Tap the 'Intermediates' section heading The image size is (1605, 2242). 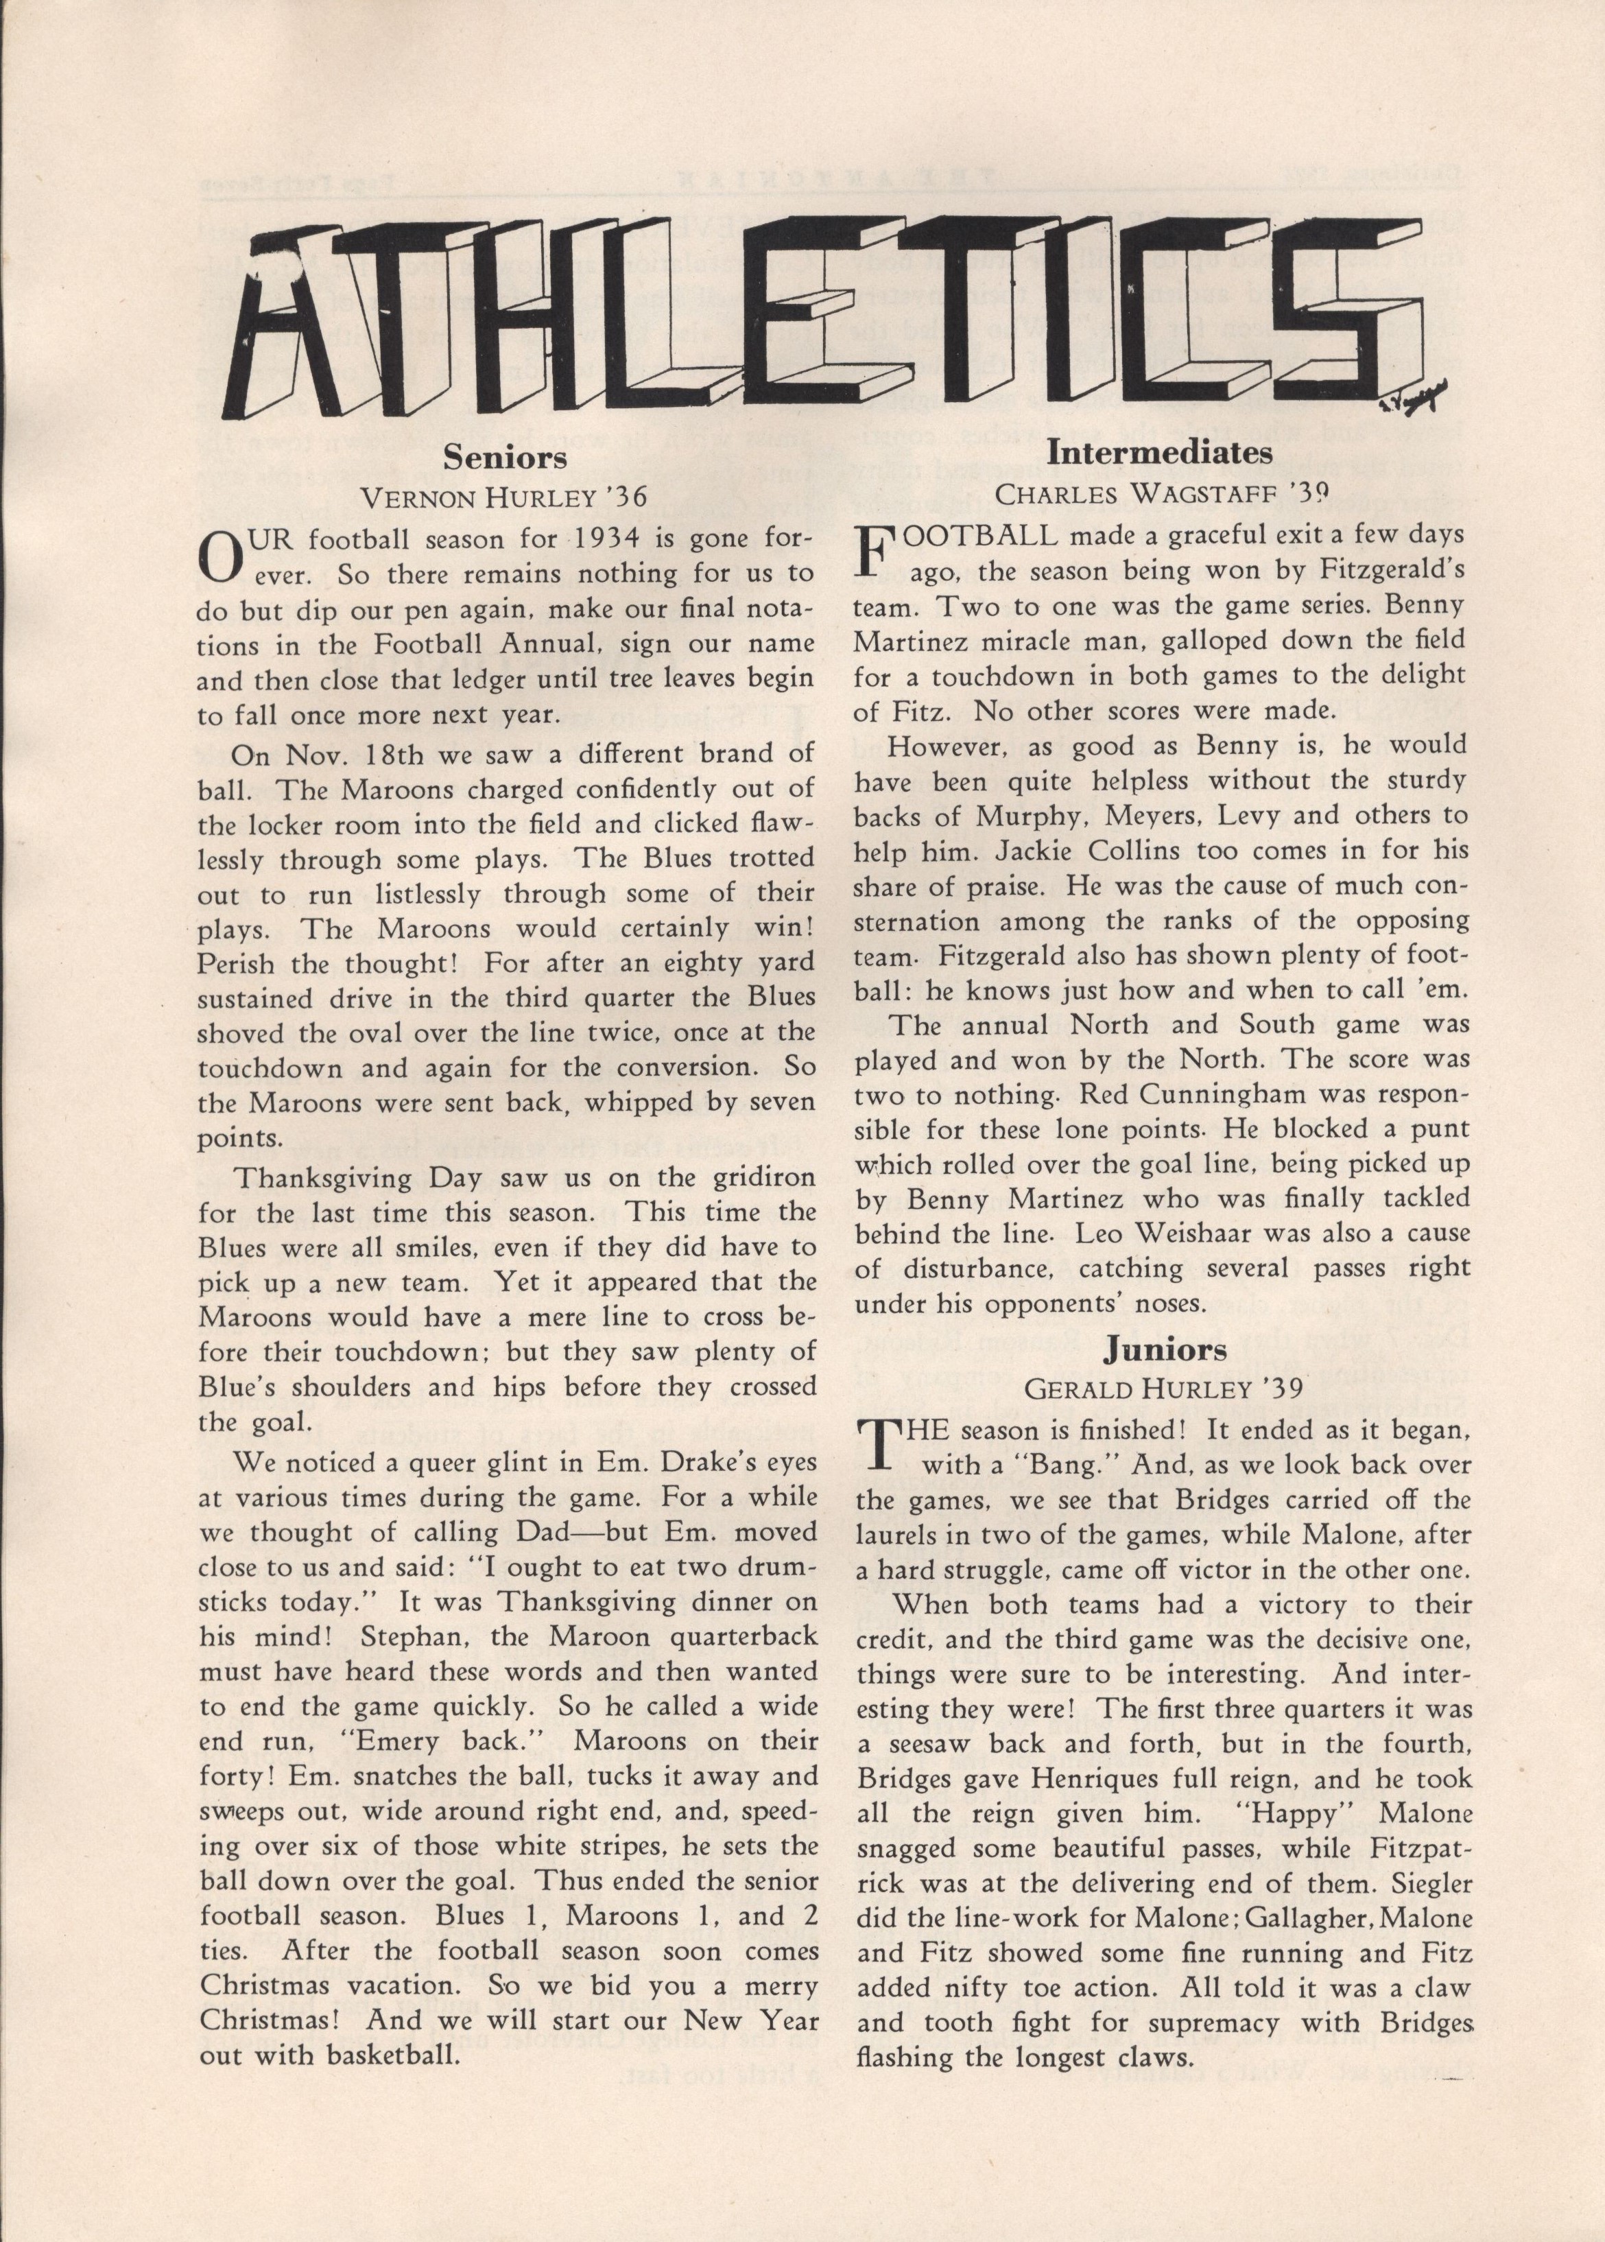click(x=1159, y=453)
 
